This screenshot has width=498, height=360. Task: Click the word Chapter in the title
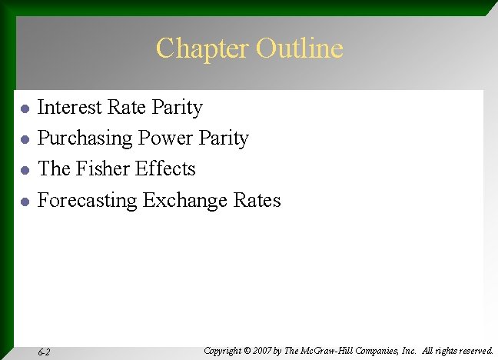click(x=202, y=48)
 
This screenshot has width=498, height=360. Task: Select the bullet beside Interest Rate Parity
click(x=25, y=108)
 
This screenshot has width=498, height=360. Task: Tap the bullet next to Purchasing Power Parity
click(x=25, y=140)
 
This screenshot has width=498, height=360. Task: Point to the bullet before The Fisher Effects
click(x=25, y=171)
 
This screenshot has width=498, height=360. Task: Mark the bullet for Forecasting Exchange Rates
click(x=25, y=202)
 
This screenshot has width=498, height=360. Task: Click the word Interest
click(x=71, y=107)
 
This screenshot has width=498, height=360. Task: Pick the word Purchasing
click(x=85, y=138)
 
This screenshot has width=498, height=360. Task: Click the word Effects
click(x=167, y=169)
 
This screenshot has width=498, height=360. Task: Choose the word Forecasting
click(x=88, y=201)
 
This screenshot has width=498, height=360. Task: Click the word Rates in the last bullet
click(x=259, y=201)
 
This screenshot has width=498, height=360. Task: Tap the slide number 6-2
click(x=44, y=352)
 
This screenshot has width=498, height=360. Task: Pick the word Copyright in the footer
click(x=223, y=351)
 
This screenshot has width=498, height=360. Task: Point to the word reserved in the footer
click(x=473, y=351)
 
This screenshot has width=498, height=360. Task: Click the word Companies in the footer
click(x=387, y=351)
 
